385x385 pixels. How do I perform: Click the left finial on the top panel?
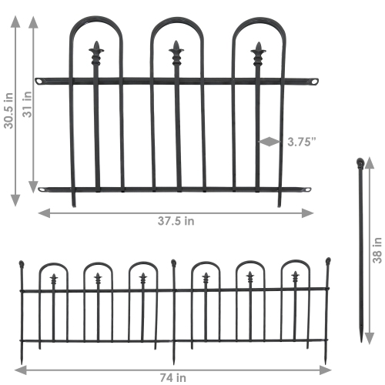point(96,53)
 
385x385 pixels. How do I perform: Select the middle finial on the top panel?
point(176,53)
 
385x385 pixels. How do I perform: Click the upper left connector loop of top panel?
point(40,81)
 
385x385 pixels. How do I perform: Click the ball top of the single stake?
point(360,162)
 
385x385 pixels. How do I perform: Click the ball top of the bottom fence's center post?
point(174,263)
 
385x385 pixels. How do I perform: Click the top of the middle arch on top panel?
point(176,18)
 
